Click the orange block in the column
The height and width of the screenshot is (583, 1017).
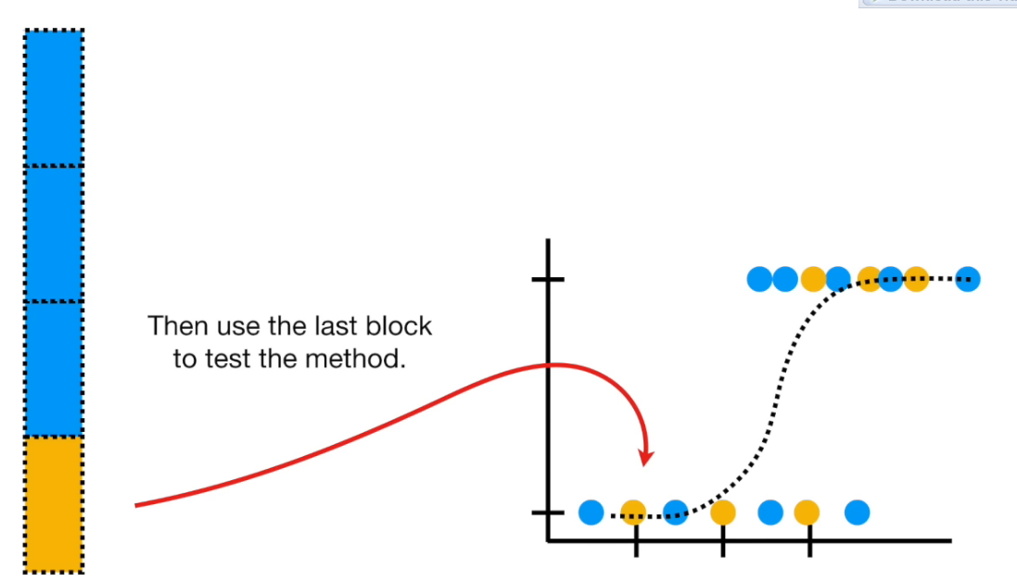pos(54,502)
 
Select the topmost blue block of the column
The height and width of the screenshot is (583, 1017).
pos(54,97)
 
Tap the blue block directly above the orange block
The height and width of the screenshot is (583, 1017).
pos(54,368)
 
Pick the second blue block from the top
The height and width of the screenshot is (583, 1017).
pos(54,234)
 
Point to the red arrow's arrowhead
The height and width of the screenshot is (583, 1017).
pos(647,457)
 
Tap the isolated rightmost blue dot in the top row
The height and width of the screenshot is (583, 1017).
pos(967,278)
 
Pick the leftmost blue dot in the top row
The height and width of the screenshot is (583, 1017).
pos(760,278)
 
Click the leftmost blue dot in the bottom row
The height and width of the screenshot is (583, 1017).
pos(591,512)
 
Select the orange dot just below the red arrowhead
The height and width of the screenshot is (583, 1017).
pos(633,512)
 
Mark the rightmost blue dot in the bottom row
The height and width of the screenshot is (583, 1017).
pos(858,512)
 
